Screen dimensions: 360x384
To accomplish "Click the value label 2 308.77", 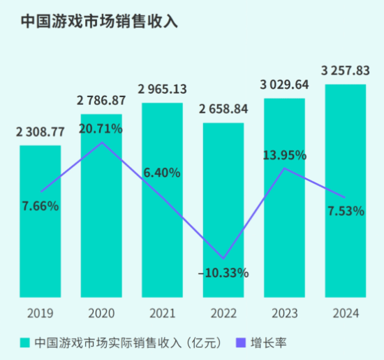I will pyautogui.click(x=40, y=131).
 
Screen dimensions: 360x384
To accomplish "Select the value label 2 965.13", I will pyautogui.click(x=162, y=89).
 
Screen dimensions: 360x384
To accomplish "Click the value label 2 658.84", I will pyautogui.click(x=223, y=109).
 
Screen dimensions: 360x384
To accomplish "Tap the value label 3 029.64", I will pyautogui.click(x=284, y=85).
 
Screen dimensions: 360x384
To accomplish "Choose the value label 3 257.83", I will pyautogui.click(x=346, y=70).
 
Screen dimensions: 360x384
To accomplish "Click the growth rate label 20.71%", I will pyautogui.click(x=101, y=128).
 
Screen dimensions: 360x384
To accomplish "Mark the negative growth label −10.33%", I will pyautogui.click(x=223, y=273).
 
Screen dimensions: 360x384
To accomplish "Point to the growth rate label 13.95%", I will pyautogui.click(x=284, y=154).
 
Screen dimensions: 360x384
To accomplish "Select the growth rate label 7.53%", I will pyautogui.click(x=346, y=210).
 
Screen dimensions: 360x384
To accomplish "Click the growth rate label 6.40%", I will pyautogui.click(x=162, y=172).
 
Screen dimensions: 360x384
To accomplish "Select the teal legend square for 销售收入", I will pyautogui.click(x=25, y=343).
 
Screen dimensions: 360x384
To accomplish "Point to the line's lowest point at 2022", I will pyautogui.click(x=223, y=259).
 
